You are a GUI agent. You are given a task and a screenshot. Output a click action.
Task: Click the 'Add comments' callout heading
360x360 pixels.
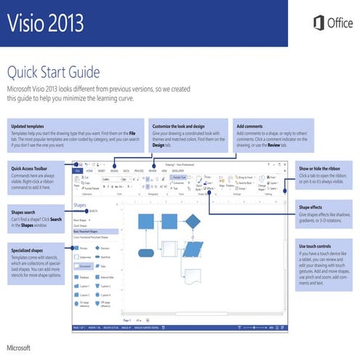(x=250, y=127)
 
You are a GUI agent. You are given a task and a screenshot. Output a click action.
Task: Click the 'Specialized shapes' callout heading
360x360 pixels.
(x=28, y=249)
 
